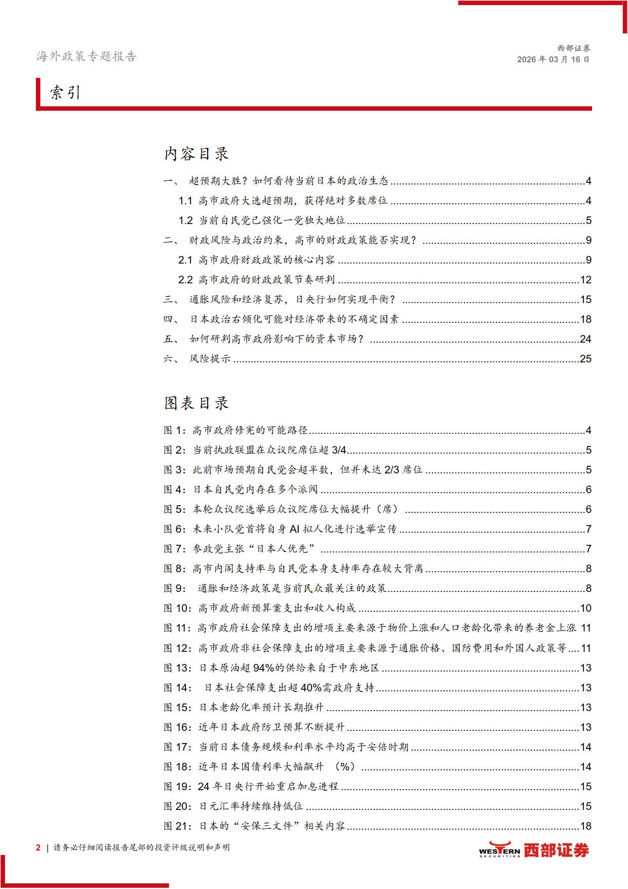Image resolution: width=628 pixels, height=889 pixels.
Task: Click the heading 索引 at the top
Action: click(65, 93)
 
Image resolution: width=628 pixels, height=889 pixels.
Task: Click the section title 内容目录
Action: click(197, 154)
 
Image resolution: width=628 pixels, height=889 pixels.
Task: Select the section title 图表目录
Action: click(197, 403)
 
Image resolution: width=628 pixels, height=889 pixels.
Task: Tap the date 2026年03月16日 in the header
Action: click(553, 59)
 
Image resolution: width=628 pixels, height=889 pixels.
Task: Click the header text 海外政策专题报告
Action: click(87, 56)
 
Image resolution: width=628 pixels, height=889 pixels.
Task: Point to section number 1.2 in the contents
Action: click(185, 220)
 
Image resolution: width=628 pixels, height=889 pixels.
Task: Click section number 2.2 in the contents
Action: click(185, 280)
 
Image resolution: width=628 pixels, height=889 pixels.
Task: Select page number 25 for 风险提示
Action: click(585, 359)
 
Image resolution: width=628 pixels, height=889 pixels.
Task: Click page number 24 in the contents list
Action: click(585, 339)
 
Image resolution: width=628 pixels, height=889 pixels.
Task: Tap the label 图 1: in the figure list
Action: click(175, 430)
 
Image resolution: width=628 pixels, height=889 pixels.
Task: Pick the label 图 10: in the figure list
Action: click(178, 608)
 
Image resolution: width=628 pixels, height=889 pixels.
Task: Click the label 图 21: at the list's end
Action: click(178, 826)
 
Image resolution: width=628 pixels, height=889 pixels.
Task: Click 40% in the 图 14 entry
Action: click(311, 688)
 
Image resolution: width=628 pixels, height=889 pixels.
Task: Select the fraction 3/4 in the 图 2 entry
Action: click(339, 450)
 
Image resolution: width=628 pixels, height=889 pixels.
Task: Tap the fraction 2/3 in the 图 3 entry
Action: click(392, 470)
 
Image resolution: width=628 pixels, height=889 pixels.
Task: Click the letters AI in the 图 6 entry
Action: click(295, 529)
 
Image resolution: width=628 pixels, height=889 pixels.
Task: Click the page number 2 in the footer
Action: click(38, 847)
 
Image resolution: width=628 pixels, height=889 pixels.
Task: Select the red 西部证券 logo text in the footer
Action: click(556, 850)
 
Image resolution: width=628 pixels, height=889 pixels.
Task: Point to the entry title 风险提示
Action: click(210, 359)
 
